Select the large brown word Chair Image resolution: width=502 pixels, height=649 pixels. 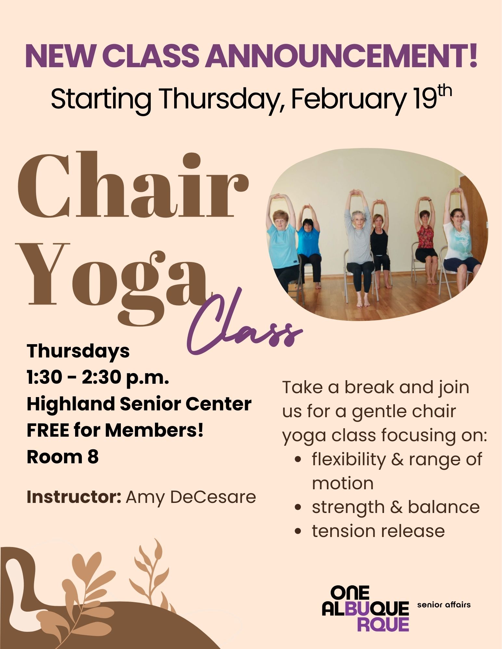click(133, 185)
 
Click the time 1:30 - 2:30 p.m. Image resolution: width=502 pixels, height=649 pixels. click(98, 378)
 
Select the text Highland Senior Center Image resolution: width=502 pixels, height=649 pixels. click(139, 404)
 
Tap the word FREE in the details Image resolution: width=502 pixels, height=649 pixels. click(47, 431)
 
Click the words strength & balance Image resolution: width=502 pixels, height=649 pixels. click(396, 507)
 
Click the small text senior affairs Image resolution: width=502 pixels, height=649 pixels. click(444, 605)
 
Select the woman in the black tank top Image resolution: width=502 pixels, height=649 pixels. click(380, 240)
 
